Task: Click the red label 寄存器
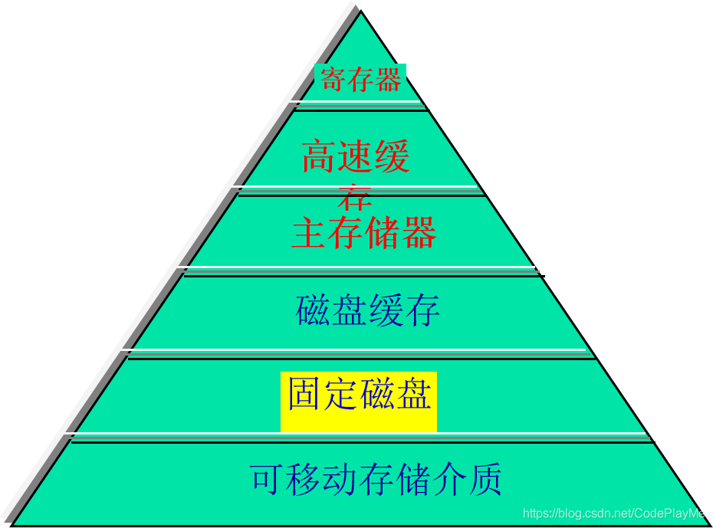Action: pyautogui.click(x=360, y=80)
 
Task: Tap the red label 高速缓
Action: pyautogui.click(x=356, y=156)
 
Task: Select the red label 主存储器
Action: pyautogui.click(x=363, y=232)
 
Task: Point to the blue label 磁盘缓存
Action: pyautogui.click(x=368, y=310)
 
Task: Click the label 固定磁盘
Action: pyautogui.click(x=359, y=394)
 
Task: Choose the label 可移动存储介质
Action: pyautogui.click(x=376, y=480)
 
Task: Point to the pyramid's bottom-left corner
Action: pyautogui.click(x=14, y=523)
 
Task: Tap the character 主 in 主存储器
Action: pyautogui.click(x=308, y=232)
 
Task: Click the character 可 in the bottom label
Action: pyautogui.click(x=265, y=480)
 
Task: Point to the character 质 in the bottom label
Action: pyautogui.click(x=486, y=480)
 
